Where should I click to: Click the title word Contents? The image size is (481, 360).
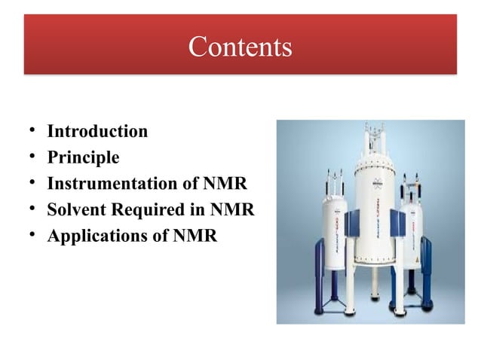pos(240,47)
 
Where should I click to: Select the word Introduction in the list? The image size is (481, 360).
pos(97,132)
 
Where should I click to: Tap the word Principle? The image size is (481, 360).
pos(83,157)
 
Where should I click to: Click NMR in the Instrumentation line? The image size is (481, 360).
pos(222,184)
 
